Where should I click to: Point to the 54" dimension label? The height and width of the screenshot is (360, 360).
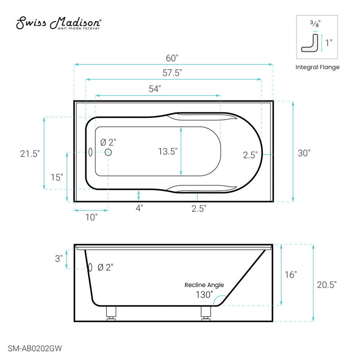coord(154,89)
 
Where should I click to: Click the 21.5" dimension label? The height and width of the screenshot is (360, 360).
coord(31,153)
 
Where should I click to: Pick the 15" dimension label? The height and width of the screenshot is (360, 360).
coord(57,177)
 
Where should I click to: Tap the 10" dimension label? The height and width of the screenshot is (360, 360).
coord(91,217)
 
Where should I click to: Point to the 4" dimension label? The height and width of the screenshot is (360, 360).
coord(139,208)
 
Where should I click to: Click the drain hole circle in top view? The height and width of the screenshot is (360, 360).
coord(108,153)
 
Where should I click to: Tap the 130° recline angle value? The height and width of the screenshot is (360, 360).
coord(204,295)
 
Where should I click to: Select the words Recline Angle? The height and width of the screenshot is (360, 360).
coord(204,285)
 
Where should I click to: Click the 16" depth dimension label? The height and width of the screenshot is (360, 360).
coord(291,274)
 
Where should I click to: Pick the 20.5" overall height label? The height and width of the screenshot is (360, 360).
coord(326,284)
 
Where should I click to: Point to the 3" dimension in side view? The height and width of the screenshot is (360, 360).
coord(58,259)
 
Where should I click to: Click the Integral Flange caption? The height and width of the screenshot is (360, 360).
coord(317,67)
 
